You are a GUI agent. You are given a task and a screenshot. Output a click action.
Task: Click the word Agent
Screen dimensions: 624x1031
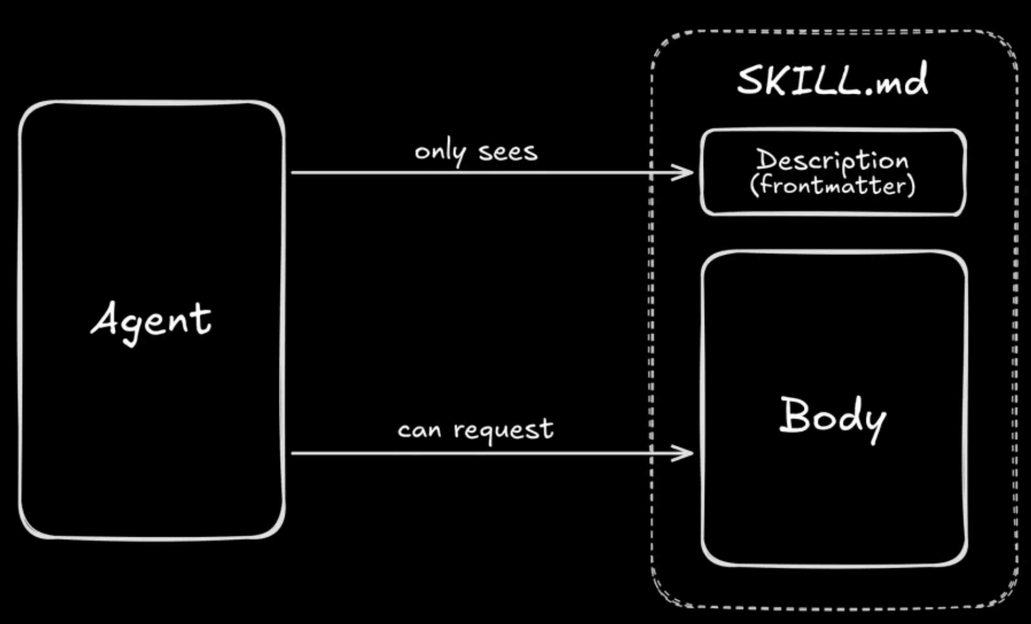click(x=151, y=320)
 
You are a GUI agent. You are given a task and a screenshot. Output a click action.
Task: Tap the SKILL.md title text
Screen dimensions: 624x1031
click(x=832, y=81)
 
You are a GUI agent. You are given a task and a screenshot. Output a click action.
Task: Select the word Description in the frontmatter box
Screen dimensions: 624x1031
click(x=832, y=160)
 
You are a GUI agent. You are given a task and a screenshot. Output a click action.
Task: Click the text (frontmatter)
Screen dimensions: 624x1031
click(x=832, y=185)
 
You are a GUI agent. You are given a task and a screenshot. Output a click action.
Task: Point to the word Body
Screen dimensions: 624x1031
click(x=832, y=416)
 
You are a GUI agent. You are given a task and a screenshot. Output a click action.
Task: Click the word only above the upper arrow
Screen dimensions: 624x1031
click(x=440, y=152)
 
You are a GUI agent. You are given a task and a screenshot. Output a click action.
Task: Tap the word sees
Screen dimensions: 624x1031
click(x=508, y=152)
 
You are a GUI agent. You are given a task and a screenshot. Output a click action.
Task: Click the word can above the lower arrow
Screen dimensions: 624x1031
click(x=419, y=430)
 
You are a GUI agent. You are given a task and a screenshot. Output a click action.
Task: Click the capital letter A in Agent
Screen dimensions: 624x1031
click(x=106, y=319)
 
